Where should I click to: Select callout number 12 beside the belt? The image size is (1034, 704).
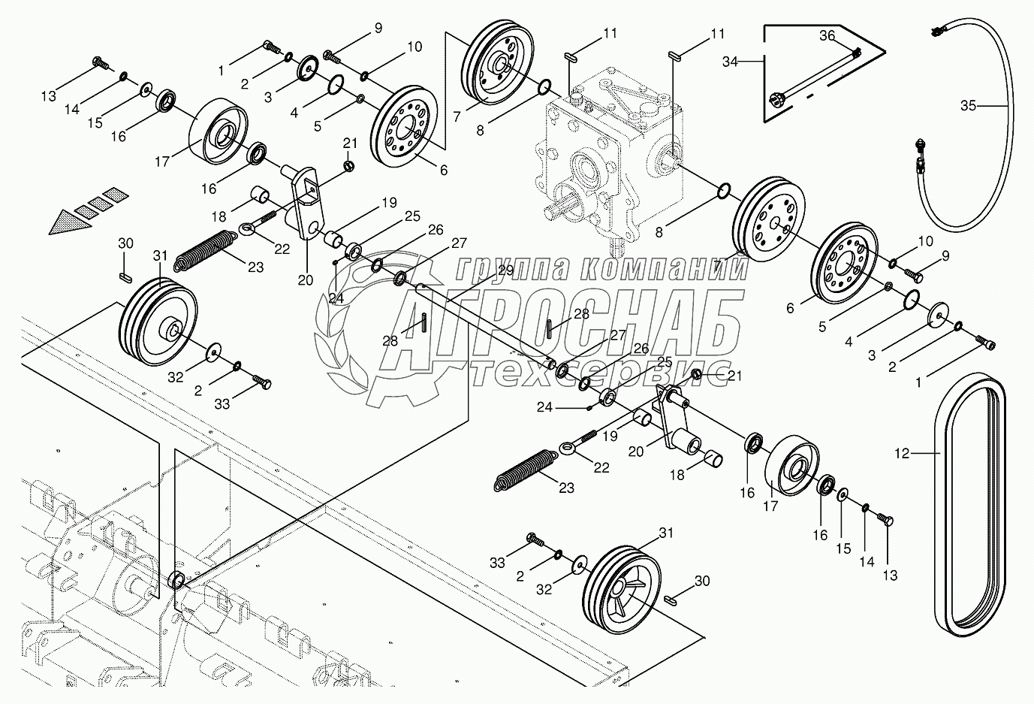point(901,453)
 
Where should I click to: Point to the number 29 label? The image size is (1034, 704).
point(505,270)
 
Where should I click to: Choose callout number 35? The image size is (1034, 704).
point(968,106)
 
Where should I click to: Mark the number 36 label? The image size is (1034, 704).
point(827,35)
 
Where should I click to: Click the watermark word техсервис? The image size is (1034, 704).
point(601,373)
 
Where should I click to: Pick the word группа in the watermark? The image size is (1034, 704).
point(511,268)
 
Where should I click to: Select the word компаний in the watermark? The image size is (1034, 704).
point(661,268)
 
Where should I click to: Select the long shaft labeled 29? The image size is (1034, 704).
point(488,323)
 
